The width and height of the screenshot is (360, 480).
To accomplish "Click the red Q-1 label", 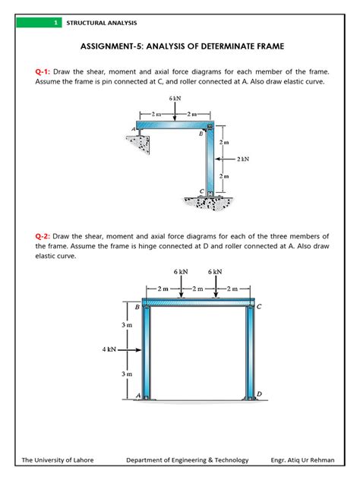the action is pos(43,72).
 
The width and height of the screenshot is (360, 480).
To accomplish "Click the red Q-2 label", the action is pos(43,236).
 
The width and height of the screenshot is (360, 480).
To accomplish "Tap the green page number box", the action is pos(39,23).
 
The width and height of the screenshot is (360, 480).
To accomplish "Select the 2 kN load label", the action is pos(243,159).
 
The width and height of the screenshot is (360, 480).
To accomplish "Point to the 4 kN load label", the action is pos(109,349).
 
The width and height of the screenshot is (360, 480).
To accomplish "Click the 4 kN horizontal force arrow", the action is pos(129,349).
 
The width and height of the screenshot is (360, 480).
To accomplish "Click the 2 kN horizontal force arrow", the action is pos(225,159).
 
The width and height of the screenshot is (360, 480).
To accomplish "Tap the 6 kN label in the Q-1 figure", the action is pos(175,98).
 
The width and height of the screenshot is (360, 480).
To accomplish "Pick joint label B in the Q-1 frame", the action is pos(201,134).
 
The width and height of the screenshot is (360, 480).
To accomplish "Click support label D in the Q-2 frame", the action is pos(259,393).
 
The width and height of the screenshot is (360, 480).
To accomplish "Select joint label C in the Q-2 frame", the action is pos(259,306).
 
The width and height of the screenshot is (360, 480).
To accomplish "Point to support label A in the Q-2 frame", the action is pos(138,396).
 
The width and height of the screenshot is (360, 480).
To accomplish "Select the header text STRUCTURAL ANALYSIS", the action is pos(102,23).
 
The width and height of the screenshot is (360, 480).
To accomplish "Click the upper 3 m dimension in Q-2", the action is pos(127,325).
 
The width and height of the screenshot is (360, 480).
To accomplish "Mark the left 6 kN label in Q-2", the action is pos(181,272).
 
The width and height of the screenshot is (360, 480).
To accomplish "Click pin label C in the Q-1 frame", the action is pos(202,191).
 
